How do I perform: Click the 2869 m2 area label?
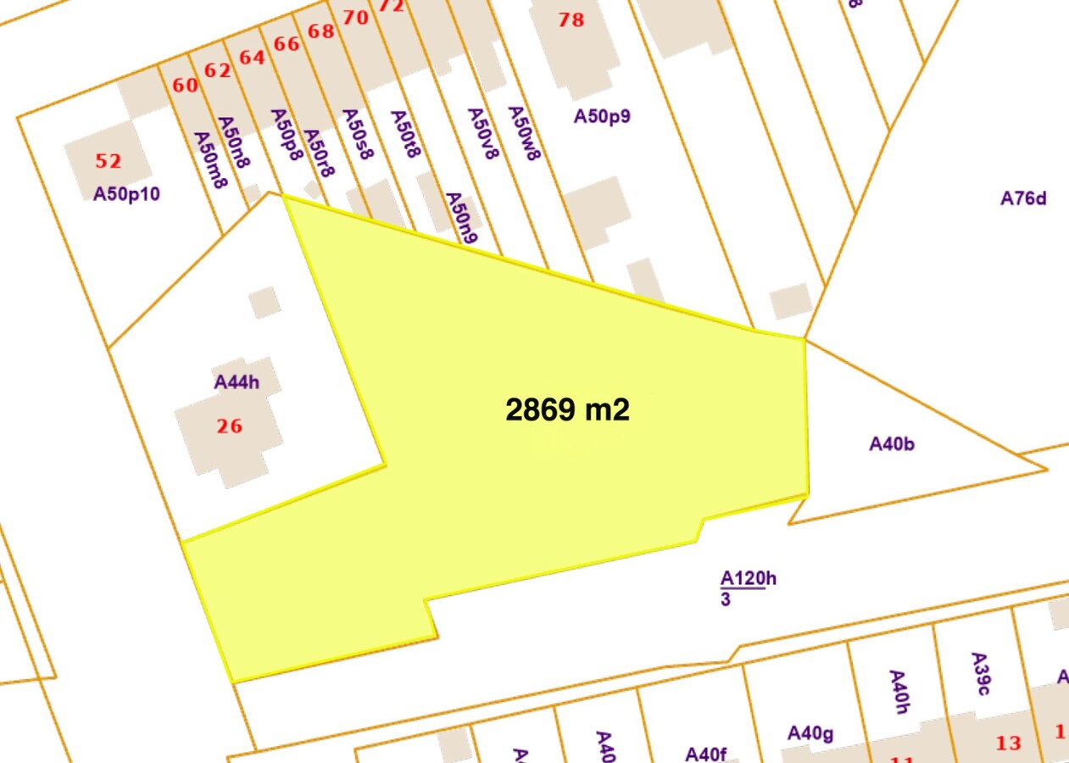(567, 410)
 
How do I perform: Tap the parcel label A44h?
(237, 382)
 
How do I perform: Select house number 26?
(229, 426)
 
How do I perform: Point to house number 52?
(109, 161)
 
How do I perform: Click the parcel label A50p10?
(126, 194)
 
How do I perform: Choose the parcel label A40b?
(892, 443)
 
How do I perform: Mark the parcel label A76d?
(1023, 198)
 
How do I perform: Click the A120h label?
(748, 579)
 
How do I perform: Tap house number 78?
(571, 19)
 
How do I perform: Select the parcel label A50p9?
(602, 116)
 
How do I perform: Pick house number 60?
(185, 86)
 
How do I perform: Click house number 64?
(253, 58)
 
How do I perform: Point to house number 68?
(321, 31)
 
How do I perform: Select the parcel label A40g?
(810, 733)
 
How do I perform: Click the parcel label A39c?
(979, 674)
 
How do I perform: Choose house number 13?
(1008, 744)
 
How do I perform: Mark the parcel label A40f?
(706, 754)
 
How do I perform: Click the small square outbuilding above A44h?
(264, 302)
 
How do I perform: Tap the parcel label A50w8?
(523, 133)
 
